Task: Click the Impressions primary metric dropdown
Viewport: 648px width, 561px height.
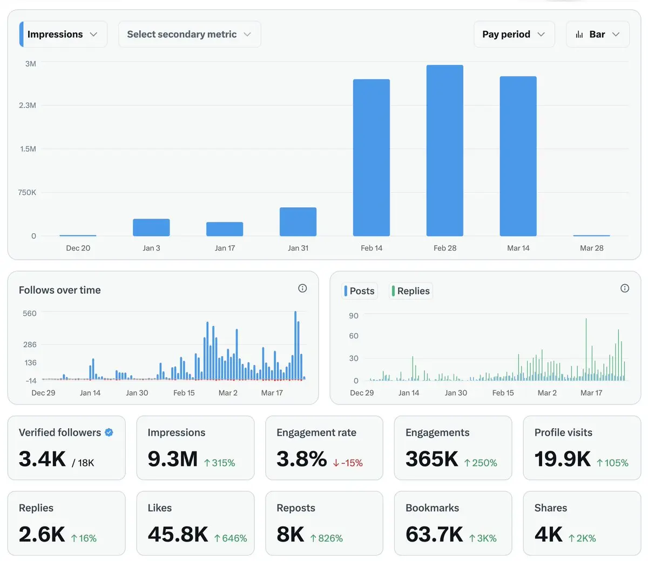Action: pyautogui.click(x=63, y=35)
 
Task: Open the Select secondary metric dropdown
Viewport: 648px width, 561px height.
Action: pyautogui.click(x=189, y=35)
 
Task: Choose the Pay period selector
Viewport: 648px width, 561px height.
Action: pyautogui.click(x=514, y=35)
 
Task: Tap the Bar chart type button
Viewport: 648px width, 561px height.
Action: pyautogui.click(x=597, y=35)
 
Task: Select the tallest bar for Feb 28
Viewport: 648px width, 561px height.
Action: pyautogui.click(x=445, y=151)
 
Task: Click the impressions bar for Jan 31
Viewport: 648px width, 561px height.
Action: pyautogui.click(x=298, y=222)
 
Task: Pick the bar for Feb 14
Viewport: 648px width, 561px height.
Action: pyautogui.click(x=372, y=158)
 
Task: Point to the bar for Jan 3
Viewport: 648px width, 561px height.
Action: pyautogui.click(x=151, y=227)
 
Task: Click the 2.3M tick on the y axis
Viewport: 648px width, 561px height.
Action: pyautogui.click(x=28, y=105)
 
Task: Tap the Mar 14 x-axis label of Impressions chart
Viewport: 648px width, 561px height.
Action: pyautogui.click(x=518, y=248)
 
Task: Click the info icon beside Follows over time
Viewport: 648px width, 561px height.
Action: pyautogui.click(x=302, y=288)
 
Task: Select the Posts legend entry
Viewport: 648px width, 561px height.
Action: pyautogui.click(x=360, y=291)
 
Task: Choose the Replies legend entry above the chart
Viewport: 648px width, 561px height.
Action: pyautogui.click(x=411, y=291)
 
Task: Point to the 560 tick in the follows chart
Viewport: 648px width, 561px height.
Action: pyautogui.click(x=30, y=314)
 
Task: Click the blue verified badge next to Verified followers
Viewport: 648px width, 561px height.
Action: pyautogui.click(x=109, y=432)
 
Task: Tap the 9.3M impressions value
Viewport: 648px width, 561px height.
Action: pyautogui.click(x=173, y=459)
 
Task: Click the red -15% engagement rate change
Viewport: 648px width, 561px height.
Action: pyautogui.click(x=348, y=463)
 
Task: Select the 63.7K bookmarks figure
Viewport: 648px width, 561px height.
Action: pyautogui.click(x=434, y=535)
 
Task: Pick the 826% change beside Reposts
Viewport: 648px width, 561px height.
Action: pyautogui.click(x=327, y=538)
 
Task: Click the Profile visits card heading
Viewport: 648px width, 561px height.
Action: pyautogui.click(x=563, y=432)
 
